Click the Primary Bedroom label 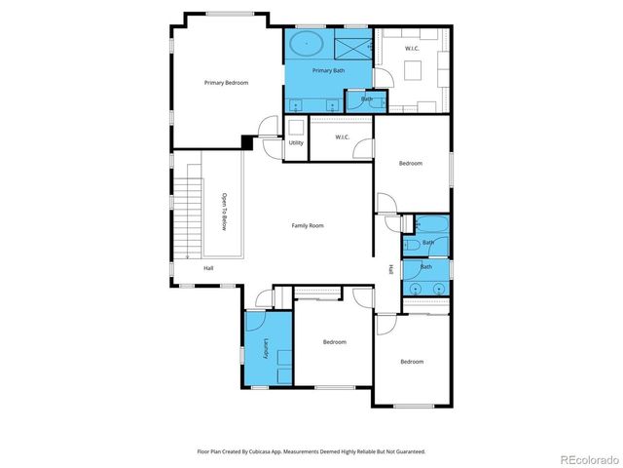coord(226,83)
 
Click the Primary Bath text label coord(329,71)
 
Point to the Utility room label coord(296,143)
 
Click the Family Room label coord(308,225)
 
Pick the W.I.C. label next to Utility coord(343,137)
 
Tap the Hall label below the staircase coord(208,268)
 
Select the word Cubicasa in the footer coord(275,451)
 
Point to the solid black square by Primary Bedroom coord(248,143)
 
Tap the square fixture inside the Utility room coord(296,127)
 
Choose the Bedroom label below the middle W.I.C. coord(411,163)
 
